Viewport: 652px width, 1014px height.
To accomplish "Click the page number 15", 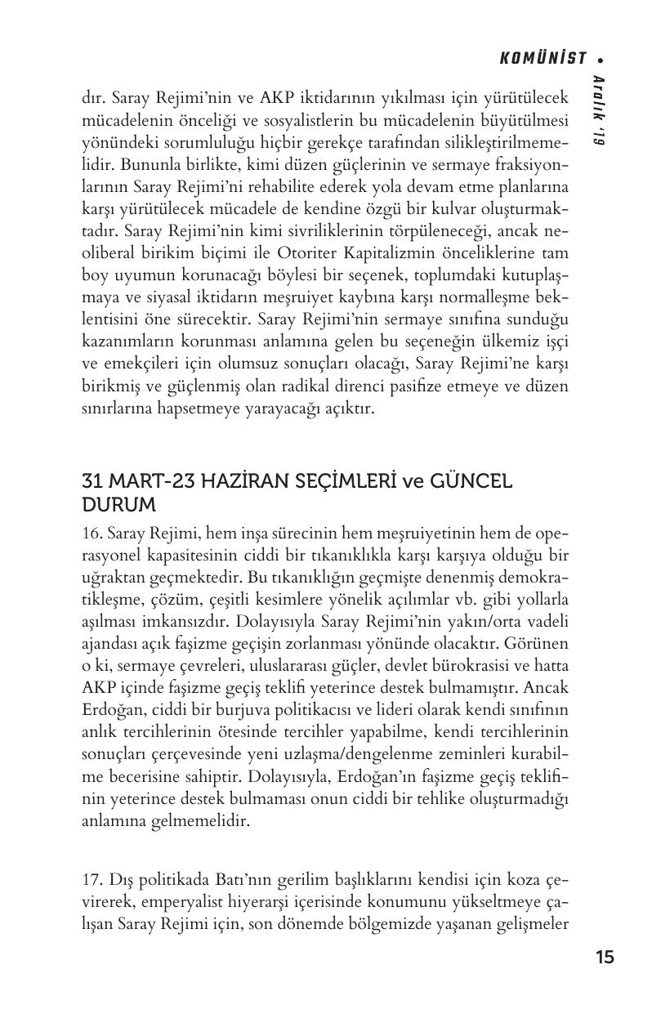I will coord(605,958).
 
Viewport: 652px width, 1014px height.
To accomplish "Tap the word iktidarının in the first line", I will coord(320,98).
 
